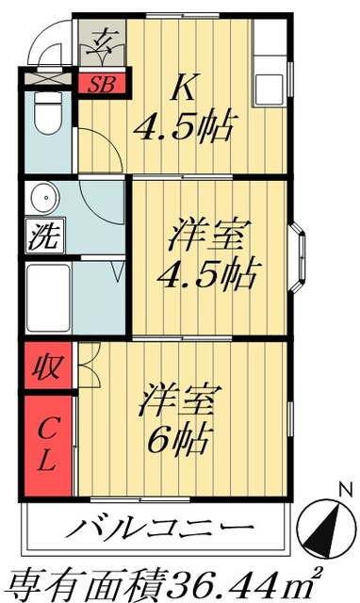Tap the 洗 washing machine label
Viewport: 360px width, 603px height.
(x=40, y=236)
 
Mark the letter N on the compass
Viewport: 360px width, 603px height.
(x=345, y=489)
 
